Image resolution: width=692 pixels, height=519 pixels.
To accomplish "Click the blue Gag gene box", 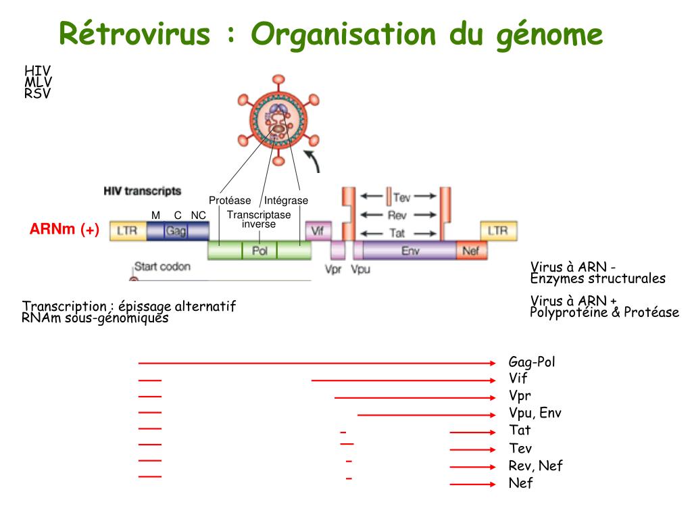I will [177, 231].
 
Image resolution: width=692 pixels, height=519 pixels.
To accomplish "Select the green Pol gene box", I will [259, 250].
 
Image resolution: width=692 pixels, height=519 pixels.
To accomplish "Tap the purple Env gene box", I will [410, 250].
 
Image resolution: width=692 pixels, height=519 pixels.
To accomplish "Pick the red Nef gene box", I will [472, 251].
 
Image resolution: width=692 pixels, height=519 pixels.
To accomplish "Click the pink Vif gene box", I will [318, 230].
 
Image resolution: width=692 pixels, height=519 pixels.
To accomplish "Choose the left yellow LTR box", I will [127, 231].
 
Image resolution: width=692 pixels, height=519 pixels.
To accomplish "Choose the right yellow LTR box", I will [498, 230].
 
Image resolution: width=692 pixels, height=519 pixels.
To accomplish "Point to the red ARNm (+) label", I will [64, 230].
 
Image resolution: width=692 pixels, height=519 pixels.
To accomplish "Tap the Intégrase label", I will [286, 201].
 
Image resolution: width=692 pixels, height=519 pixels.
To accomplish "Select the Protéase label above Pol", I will [230, 201].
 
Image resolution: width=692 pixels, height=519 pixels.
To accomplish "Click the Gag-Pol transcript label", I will [532, 362].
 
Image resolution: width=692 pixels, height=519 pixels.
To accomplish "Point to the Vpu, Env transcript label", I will [535, 413].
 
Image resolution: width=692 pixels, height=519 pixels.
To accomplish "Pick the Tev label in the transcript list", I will [520, 449].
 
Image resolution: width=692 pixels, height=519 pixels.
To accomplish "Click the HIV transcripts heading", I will [142, 191].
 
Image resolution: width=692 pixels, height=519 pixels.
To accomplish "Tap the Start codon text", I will [162, 266].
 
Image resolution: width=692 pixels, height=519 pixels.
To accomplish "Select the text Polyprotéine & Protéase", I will [604, 312].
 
